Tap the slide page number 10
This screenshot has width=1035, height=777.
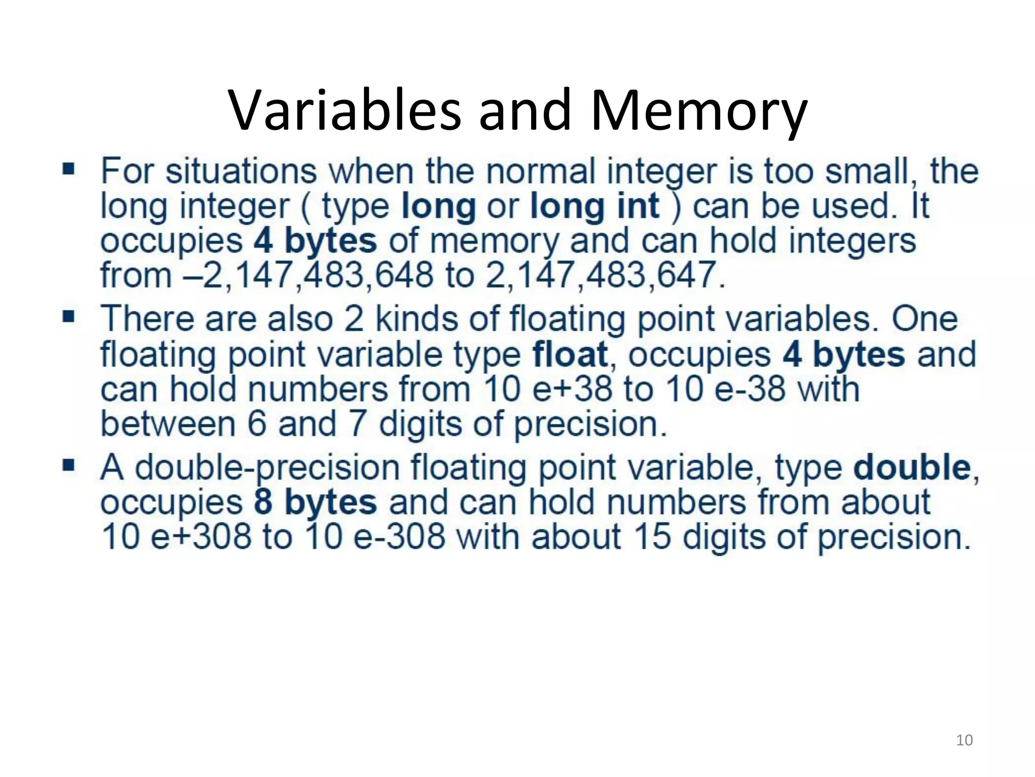coord(964,740)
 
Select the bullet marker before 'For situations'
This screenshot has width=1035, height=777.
coord(68,168)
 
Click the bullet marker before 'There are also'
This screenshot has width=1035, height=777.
coord(68,317)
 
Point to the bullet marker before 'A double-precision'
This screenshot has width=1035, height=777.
coord(68,464)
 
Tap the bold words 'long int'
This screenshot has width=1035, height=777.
coord(595,206)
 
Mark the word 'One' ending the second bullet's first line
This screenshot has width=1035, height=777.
coord(924,319)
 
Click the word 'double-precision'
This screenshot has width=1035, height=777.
coord(267,467)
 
